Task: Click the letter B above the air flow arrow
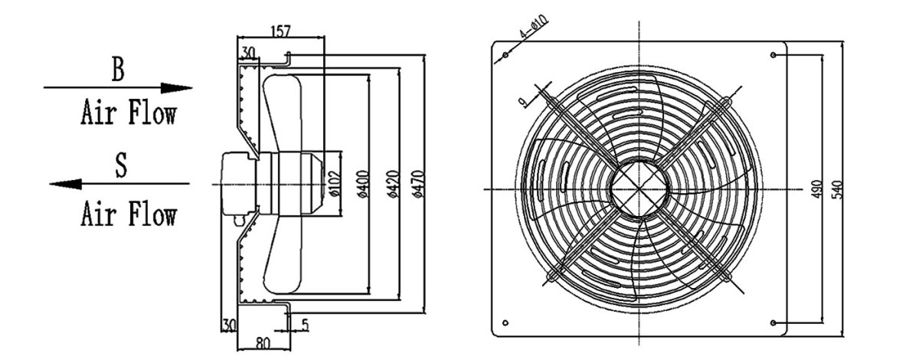117,70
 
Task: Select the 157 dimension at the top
282,31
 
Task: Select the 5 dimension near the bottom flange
305,326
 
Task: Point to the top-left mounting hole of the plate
506,55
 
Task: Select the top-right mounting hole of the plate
773,55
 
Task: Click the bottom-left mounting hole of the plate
506,322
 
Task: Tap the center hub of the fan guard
640,188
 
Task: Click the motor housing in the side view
239,184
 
